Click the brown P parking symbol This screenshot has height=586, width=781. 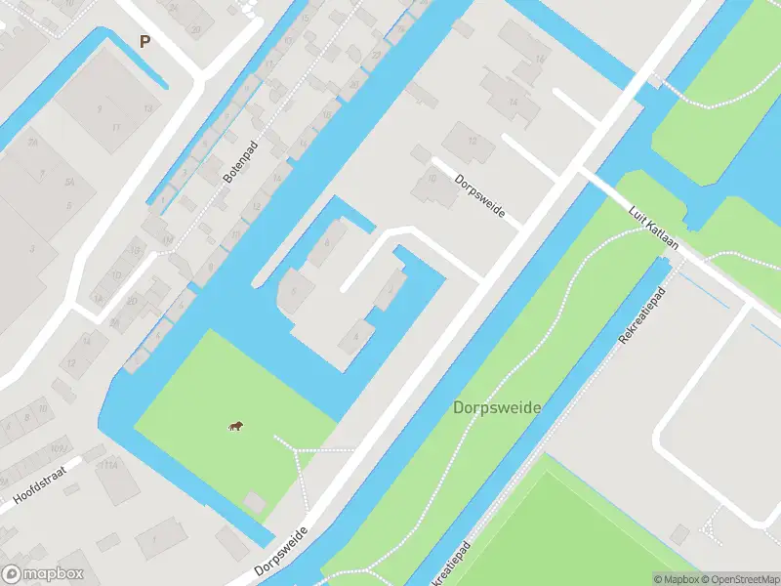click(x=145, y=41)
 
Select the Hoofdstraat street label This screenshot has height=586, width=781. click(x=46, y=481)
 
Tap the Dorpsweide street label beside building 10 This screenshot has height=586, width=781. click(x=480, y=195)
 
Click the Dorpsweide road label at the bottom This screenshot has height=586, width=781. click(x=281, y=552)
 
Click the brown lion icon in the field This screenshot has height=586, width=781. click(x=236, y=425)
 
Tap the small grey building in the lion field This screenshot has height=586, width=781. click(x=254, y=502)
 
